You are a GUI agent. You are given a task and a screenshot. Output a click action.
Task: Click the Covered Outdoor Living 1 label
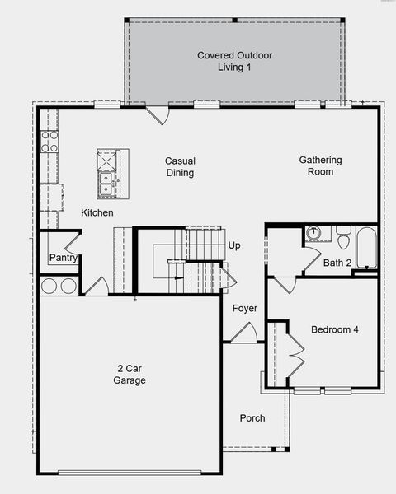234,61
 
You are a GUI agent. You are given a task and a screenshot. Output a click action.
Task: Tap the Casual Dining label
180,166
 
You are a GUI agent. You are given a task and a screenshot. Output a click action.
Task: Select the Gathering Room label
320,165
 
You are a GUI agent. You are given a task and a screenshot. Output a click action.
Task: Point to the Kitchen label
97,212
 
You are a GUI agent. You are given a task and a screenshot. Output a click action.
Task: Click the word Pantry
64,258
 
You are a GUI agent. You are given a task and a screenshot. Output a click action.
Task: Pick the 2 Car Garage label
130,375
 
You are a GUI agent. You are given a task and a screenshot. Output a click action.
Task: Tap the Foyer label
245,308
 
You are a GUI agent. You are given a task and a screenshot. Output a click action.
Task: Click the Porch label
252,418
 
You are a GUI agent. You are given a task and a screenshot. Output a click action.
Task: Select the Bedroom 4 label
335,329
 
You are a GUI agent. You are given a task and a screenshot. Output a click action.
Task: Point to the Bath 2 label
337,263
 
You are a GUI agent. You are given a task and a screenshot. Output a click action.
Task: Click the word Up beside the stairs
234,245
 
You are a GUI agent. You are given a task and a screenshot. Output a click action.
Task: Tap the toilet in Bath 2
343,237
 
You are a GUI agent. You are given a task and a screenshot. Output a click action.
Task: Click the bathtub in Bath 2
366,248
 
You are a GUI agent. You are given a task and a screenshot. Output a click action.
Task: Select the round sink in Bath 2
313,233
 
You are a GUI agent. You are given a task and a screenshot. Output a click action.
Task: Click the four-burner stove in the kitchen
49,142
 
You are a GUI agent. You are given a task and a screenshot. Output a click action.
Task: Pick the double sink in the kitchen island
105,184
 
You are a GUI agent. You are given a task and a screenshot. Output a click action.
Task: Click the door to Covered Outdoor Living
158,115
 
